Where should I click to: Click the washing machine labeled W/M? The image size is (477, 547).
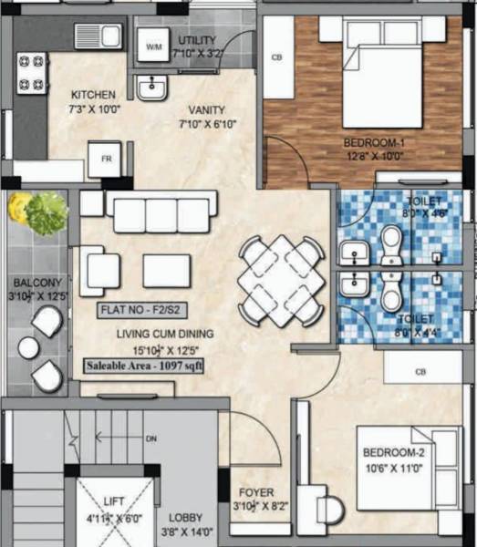pyautogui.click(x=153, y=45)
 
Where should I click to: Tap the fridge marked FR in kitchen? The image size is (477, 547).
pyautogui.click(x=106, y=160)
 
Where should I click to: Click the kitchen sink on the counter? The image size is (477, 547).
pyautogui.click(x=99, y=36)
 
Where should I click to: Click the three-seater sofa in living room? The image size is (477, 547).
pyautogui.click(x=161, y=214)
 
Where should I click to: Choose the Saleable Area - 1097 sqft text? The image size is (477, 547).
pyautogui.click(x=145, y=366)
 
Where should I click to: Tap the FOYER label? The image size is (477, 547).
pyautogui.click(x=250, y=492)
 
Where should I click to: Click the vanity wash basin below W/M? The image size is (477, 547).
pyautogui.click(x=151, y=88)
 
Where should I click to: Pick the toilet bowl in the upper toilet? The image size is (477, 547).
pyautogui.click(x=392, y=244)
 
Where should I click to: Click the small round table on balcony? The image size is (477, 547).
pyautogui.click(x=29, y=347)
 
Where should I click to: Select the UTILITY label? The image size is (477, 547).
pyautogui.click(x=197, y=41)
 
